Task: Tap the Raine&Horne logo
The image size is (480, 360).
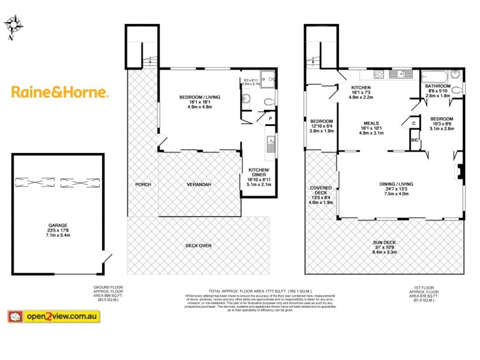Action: (60, 92)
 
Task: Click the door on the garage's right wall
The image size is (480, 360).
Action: (106, 259)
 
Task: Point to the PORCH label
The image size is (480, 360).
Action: (143, 184)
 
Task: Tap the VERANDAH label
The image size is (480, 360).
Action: (199, 184)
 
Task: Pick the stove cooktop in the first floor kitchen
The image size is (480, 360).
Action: (380, 74)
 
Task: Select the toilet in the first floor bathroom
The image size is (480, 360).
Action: (459, 90)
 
